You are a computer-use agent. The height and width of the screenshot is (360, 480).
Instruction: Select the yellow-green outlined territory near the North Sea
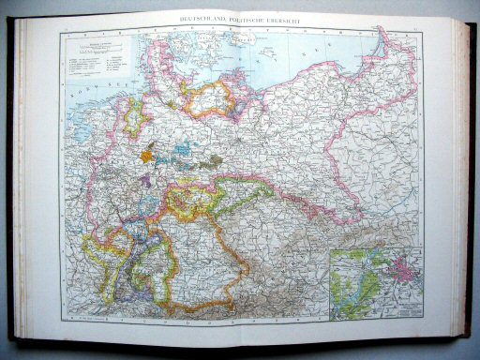coord(133,117)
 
